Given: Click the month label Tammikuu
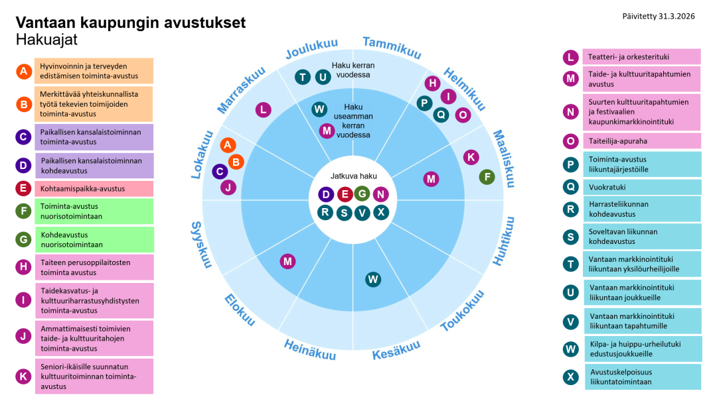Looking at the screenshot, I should [x=392, y=46].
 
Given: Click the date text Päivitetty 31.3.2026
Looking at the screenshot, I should [x=659, y=16].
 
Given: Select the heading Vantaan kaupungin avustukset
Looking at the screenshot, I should [x=131, y=23].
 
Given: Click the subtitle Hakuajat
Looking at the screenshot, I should [x=47, y=40].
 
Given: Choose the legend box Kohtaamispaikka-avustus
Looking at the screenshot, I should [x=94, y=189].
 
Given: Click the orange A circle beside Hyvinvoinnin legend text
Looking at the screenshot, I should [x=24, y=71].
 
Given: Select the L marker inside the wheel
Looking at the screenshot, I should [x=264, y=109].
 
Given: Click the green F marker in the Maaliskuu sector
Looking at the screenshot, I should [x=487, y=177].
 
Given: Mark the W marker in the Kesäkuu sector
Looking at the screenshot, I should [x=373, y=279].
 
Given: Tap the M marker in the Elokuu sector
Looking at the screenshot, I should [x=287, y=261].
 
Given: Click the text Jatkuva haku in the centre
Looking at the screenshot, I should [x=353, y=176].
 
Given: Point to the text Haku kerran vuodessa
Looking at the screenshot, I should [x=353, y=70].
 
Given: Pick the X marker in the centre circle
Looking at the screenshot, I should [x=380, y=212].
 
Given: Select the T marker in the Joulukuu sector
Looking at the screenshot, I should [x=303, y=77].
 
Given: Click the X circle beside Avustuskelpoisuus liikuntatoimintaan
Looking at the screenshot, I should [x=570, y=377].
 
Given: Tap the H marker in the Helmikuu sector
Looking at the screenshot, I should [x=432, y=84].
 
